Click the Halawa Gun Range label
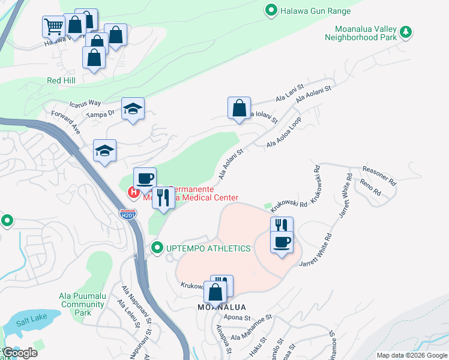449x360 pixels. pyautogui.click(x=315, y=10)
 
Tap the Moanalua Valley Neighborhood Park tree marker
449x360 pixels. pyautogui.click(x=407, y=32)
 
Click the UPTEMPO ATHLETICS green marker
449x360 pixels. pyautogui.click(x=157, y=248)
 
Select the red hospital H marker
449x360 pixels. pyautogui.click(x=133, y=193)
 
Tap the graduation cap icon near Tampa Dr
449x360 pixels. pyautogui.click(x=133, y=109)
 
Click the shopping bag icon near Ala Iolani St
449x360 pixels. pyautogui.click(x=239, y=108)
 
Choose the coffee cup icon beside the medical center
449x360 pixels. pyautogui.click(x=145, y=178)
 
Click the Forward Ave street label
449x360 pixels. pyautogui.click(x=66, y=121)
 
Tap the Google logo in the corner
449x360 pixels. pyautogui.click(x=20, y=353)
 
